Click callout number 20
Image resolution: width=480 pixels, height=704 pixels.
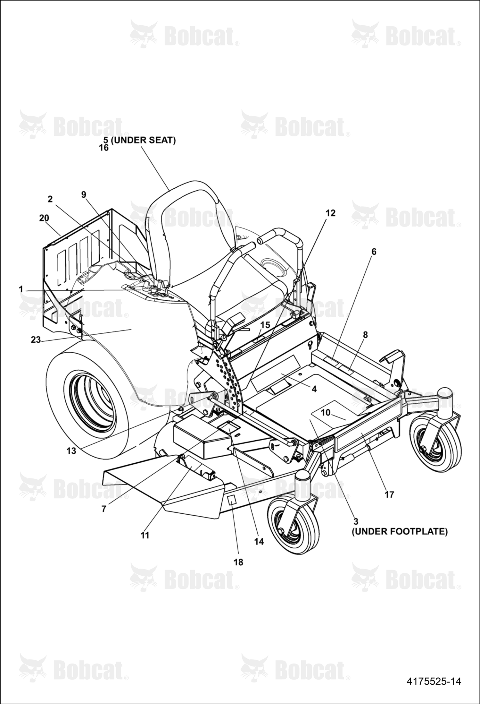pyautogui.click(x=44, y=218)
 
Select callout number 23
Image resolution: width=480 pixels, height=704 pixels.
pyautogui.click(x=36, y=340)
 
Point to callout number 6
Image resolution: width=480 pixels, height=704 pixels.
pyautogui.click(x=374, y=252)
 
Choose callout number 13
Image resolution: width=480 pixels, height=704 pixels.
pyautogui.click(x=71, y=451)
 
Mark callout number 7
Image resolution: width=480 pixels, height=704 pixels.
pyautogui.click(x=103, y=509)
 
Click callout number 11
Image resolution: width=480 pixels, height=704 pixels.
pyautogui.click(x=145, y=535)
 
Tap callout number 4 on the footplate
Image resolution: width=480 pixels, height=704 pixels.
pyautogui.click(x=314, y=389)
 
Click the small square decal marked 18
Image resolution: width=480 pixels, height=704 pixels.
pyautogui.click(x=231, y=500)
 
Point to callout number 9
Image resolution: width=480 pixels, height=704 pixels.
pyautogui.click(x=84, y=195)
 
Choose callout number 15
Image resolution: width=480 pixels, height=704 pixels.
pyautogui.click(x=265, y=325)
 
